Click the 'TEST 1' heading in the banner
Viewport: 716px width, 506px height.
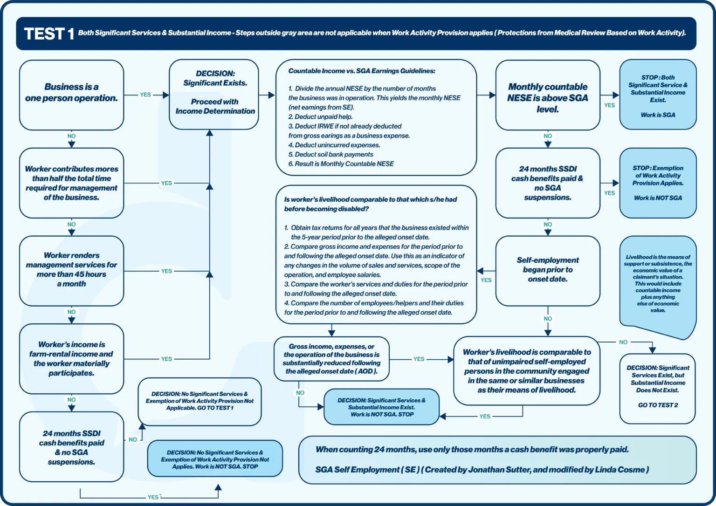click(x=49, y=34)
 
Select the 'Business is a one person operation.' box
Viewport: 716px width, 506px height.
click(x=71, y=95)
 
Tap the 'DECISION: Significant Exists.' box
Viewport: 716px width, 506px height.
click(x=214, y=94)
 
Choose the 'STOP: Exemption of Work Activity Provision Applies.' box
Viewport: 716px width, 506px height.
click(x=658, y=183)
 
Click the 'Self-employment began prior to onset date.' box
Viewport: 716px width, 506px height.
click(x=548, y=270)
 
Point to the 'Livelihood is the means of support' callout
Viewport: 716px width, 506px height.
click(x=658, y=284)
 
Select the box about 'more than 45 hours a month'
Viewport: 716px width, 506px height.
click(x=71, y=270)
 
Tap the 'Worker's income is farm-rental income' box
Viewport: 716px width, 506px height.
click(x=71, y=358)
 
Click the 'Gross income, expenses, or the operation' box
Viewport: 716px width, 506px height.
click(x=331, y=359)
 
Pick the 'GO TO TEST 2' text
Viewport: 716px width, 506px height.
click(x=658, y=405)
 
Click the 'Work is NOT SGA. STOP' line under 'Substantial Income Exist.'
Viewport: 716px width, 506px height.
click(x=382, y=414)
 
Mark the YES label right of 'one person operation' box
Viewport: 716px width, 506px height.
click(x=145, y=95)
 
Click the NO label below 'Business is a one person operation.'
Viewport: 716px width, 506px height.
click(x=71, y=136)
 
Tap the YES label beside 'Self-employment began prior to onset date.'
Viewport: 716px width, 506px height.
click(x=486, y=280)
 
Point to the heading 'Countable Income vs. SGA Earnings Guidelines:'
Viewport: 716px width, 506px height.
click(x=362, y=71)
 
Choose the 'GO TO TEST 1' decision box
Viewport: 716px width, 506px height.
click(x=200, y=401)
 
